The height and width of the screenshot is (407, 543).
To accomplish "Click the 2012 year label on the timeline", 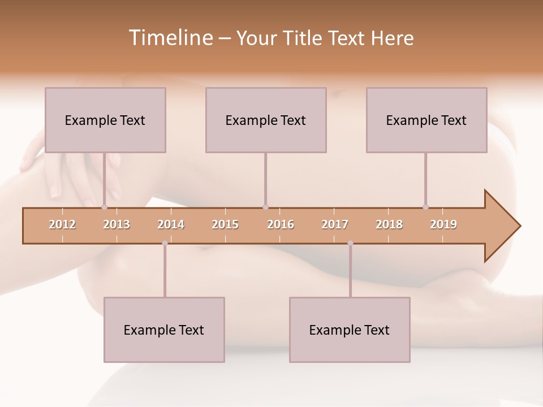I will tap(62, 224).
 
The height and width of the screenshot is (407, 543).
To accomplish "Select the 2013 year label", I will tap(117, 224).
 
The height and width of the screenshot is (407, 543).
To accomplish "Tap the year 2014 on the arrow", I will tap(171, 224).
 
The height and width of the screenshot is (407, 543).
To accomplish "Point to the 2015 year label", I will tap(225, 224).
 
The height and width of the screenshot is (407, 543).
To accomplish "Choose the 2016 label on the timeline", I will tap(281, 224).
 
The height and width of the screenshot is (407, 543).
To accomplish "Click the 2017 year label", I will tap(335, 224).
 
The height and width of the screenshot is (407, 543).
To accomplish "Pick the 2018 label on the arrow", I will tap(389, 224).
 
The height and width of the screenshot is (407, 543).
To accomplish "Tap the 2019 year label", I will tap(443, 224).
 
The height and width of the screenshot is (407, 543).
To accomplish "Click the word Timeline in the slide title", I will tap(170, 38).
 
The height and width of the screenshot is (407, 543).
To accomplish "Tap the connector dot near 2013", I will tap(104, 207).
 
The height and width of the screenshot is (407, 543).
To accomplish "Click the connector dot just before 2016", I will tap(265, 207).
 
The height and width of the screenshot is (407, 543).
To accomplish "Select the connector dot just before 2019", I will tap(426, 207).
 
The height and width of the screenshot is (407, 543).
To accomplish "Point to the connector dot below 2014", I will tap(165, 243).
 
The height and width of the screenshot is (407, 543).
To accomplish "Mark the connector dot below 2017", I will tap(350, 243).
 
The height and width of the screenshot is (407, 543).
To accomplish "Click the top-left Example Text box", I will tap(105, 120).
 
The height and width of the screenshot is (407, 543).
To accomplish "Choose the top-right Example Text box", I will tap(426, 120).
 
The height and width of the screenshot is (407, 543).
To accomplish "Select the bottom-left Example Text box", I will tap(164, 330).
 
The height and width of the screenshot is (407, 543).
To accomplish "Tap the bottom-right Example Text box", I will tap(350, 330).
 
